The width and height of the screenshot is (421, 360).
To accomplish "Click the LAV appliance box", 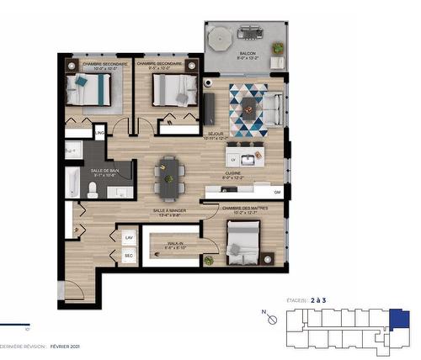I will [x=129, y=239].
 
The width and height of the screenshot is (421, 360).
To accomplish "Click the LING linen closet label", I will [x=99, y=133].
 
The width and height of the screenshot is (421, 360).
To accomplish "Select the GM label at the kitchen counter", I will [x=277, y=193].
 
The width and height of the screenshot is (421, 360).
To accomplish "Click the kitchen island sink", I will [x=248, y=158].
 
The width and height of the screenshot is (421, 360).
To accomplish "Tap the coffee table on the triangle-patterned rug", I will [x=250, y=107].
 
